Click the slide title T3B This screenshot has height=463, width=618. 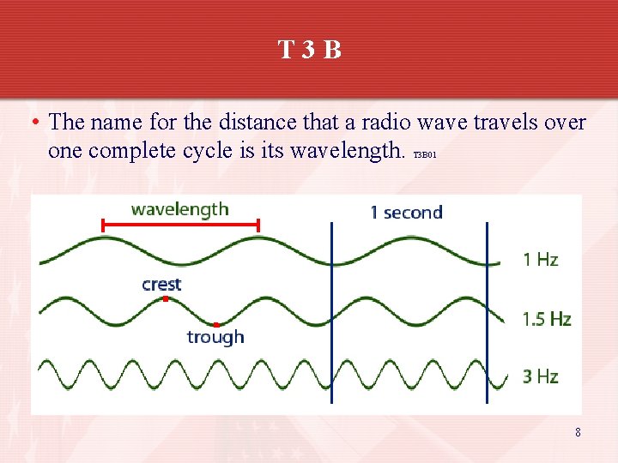pyautogui.click(x=309, y=50)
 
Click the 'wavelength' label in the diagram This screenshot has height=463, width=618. pyautogui.click(x=179, y=209)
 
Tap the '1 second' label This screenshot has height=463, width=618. pyautogui.click(x=406, y=213)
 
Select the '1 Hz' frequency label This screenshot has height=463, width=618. pyautogui.click(x=541, y=260)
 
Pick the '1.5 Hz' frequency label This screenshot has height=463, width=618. pyautogui.click(x=547, y=320)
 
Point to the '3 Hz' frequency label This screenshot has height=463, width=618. pyautogui.click(x=541, y=376)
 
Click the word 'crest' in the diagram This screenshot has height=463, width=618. pyautogui.click(x=161, y=284)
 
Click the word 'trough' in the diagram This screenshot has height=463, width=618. pyautogui.click(x=215, y=337)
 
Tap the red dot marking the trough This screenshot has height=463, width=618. pyautogui.click(x=216, y=324)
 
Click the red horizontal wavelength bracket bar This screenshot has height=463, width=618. pyautogui.click(x=180, y=225)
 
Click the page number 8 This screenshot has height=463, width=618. pyautogui.click(x=578, y=433)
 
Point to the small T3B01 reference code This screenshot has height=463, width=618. pyautogui.click(x=426, y=156)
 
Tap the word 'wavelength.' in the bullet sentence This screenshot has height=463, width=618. pyautogui.click(x=347, y=152)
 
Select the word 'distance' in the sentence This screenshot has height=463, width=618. pyautogui.click(x=227, y=123)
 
